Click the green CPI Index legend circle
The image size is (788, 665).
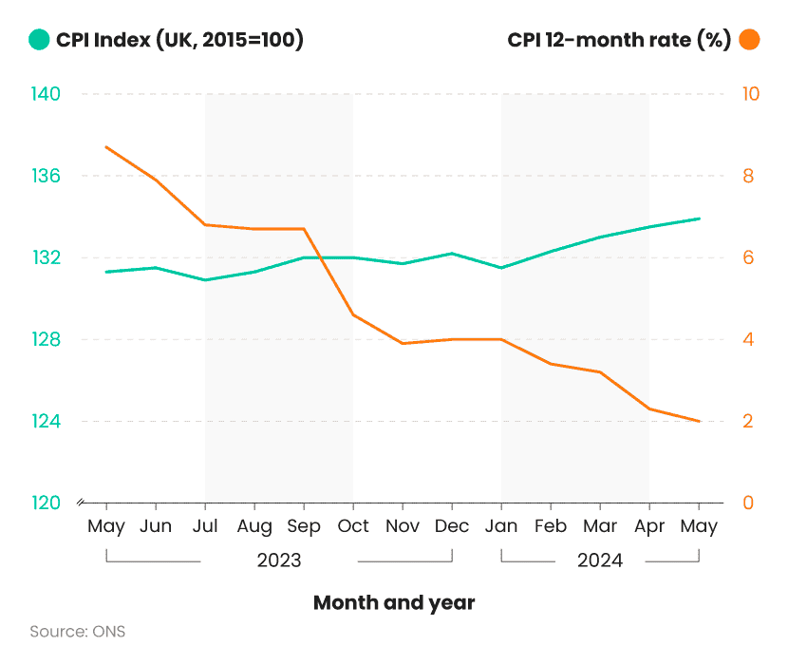pos(39,40)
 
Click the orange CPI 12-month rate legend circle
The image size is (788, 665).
pos(749,40)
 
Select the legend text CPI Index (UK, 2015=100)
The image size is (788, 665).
pos(179,40)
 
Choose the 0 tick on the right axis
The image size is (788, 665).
pos(747,503)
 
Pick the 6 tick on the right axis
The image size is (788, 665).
pos(747,257)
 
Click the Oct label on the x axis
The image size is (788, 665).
pos(353,526)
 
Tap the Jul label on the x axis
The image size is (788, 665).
pos(205,526)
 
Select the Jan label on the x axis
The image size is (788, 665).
pos(501,526)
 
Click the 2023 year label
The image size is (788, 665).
pos(279,560)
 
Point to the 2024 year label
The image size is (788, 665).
pos(600,560)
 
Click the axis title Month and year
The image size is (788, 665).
pos(394,602)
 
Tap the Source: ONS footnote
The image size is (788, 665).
pos(77,632)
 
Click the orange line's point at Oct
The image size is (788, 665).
pos(353,314)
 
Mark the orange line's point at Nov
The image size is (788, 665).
pos(403,344)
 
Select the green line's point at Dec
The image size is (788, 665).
pos(452,254)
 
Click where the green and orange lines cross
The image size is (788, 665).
pos(321,257)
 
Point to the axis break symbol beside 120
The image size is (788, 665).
pos(81,503)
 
